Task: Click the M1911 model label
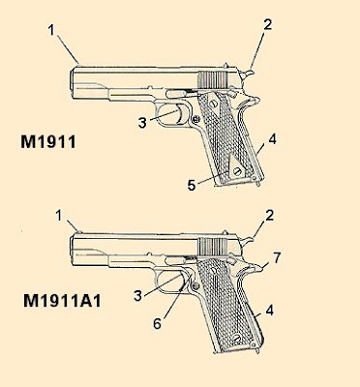coord(48,142)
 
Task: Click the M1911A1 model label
coord(62,301)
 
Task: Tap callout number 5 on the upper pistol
coord(192,186)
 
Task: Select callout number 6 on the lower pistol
coord(157,323)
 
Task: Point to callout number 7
coord(277,257)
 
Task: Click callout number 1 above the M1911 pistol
coord(52,30)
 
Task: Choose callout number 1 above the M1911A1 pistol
coord(59,216)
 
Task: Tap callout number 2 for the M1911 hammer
coord(267,25)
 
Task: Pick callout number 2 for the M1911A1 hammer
coord(269,216)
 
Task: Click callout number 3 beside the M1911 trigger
coord(142,123)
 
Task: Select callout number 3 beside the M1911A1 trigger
coord(137,295)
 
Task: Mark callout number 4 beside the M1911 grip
coord(273,139)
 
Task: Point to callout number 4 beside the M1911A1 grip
coord(270,311)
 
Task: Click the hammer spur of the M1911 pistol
coord(248,74)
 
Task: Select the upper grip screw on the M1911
coord(213,104)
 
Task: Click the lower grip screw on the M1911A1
coord(237,339)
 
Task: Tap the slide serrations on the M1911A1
coord(213,248)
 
